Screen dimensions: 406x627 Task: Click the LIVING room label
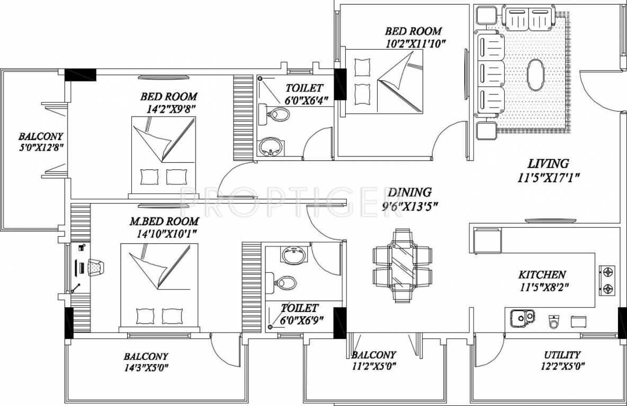(x=548, y=164)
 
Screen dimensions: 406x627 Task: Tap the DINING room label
(x=408, y=192)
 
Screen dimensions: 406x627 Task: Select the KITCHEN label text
(x=541, y=275)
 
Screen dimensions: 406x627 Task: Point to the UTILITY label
(x=562, y=355)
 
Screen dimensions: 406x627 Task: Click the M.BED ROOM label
(x=165, y=221)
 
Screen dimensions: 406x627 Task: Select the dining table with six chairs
(x=402, y=265)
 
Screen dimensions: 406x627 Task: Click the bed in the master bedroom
(x=159, y=285)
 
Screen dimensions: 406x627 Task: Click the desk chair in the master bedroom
(x=95, y=268)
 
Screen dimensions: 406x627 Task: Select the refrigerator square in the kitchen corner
(x=487, y=242)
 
